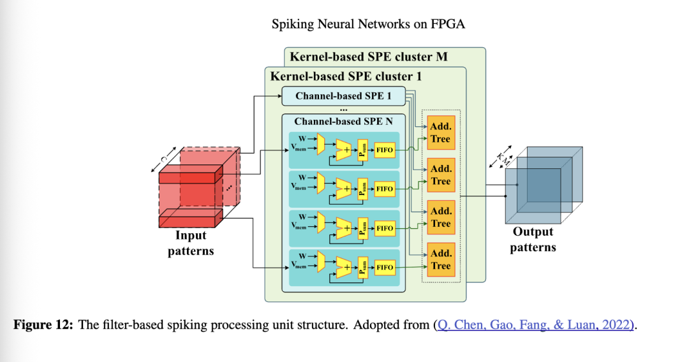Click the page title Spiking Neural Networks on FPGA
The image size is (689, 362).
coord(368,25)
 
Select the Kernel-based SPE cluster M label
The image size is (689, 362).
coord(369,57)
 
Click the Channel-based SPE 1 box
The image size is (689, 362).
coord(343,96)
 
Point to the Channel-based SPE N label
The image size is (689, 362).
coord(343,121)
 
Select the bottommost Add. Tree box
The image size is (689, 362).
coord(440,261)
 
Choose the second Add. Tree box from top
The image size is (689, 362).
coord(440,175)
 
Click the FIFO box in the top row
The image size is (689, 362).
coord(385,150)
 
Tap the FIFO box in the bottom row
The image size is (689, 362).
coord(385,268)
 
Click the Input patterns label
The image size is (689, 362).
coord(191,243)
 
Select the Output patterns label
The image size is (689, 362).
coord(533,240)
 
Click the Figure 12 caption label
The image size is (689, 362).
coord(43,325)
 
